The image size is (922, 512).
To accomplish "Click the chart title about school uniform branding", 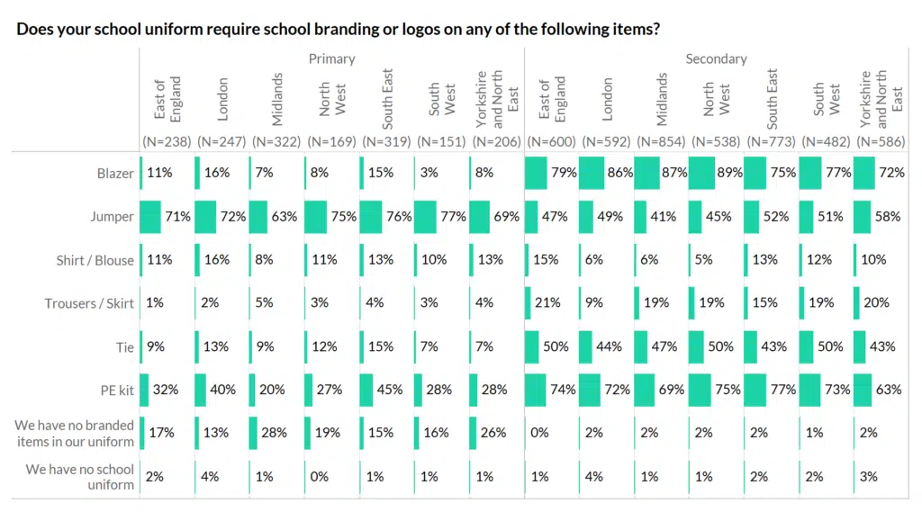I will (x=338, y=29).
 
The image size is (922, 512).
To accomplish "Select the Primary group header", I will (x=331, y=58).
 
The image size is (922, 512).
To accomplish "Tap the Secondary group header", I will (x=716, y=58).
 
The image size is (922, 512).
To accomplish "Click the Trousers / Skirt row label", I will (x=89, y=303).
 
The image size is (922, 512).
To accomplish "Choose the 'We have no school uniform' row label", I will (x=80, y=477).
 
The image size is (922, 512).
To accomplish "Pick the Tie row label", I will (x=124, y=346).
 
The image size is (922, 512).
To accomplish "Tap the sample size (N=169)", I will (x=331, y=140).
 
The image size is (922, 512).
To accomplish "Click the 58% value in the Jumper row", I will (x=891, y=217).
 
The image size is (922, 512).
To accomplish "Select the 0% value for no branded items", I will (x=540, y=433).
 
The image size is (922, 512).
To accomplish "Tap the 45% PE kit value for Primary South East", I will (x=393, y=390).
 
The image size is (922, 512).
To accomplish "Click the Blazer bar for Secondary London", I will (x=592, y=173).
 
